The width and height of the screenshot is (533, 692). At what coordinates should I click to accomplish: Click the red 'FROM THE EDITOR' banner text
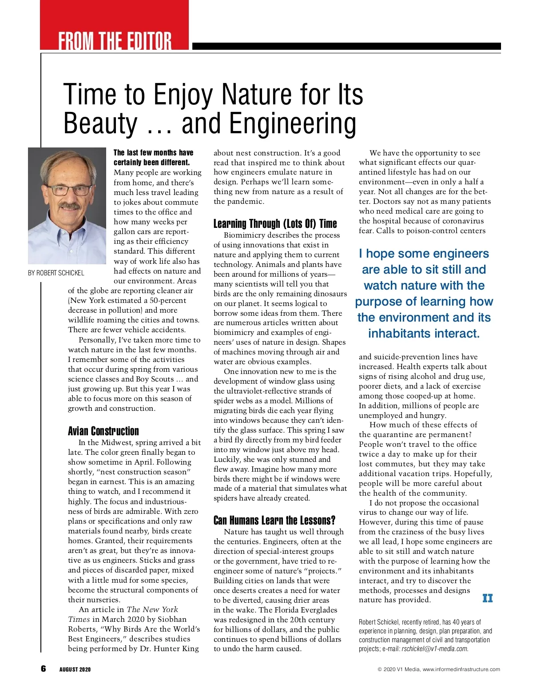point(115,41)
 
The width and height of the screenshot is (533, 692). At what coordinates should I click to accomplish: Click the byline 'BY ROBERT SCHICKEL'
point(56,273)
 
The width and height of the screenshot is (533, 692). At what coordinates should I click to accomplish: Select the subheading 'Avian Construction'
point(103,431)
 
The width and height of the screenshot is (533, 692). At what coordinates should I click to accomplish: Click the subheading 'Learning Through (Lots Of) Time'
point(275,223)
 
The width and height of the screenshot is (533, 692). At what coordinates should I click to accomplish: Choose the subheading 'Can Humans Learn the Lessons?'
point(274,520)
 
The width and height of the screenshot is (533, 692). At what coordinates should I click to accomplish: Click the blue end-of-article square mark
point(487,598)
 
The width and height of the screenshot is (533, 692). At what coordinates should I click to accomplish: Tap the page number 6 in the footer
point(43,668)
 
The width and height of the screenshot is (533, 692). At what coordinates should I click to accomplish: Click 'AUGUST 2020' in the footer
point(75,669)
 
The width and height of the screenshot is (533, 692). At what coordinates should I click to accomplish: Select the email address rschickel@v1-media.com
point(434,649)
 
